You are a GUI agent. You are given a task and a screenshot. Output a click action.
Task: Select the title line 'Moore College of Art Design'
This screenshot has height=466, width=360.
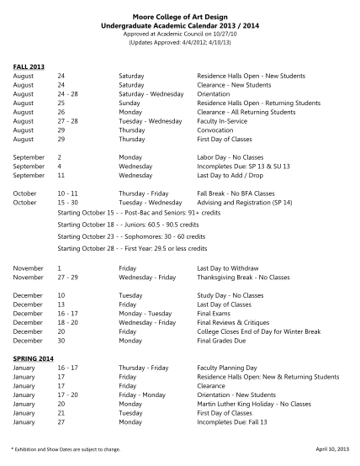point(179,15)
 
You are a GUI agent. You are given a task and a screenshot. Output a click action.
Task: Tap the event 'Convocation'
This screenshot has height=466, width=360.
point(215,130)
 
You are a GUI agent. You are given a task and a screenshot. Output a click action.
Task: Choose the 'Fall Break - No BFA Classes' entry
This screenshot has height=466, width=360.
point(236,193)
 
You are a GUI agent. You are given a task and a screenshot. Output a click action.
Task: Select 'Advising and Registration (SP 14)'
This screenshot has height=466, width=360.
point(245,203)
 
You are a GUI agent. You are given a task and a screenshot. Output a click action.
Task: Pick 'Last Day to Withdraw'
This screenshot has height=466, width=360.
point(228,267)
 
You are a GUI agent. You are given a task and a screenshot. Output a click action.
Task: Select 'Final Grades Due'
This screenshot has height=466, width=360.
point(221,340)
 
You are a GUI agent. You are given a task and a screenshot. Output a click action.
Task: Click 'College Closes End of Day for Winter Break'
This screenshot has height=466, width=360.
point(259,331)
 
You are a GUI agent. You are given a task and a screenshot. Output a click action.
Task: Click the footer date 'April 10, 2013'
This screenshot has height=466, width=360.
point(332,449)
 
